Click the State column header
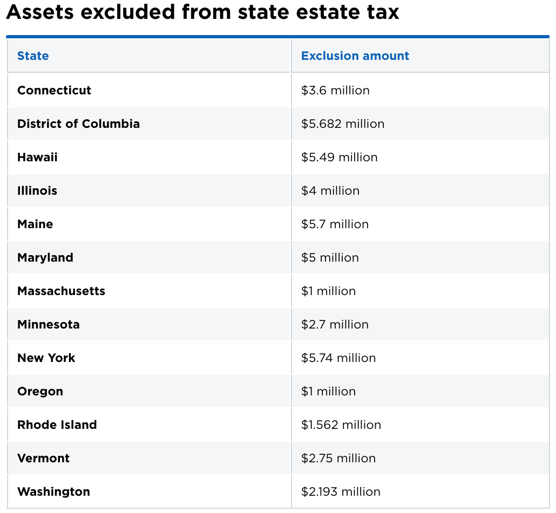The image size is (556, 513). click(x=33, y=56)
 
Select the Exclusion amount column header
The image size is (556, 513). click(x=355, y=56)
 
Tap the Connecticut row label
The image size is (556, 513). click(x=54, y=90)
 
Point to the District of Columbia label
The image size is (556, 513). click(x=78, y=124)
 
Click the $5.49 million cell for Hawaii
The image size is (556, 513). click(x=339, y=157)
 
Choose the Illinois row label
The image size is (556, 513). click(x=37, y=190)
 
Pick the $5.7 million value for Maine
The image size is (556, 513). click(x=335, y=224)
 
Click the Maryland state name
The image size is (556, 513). click(x=45, y=257)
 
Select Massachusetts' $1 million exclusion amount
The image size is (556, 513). click(x=328, y=291)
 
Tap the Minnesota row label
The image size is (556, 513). click(x=48, y=324)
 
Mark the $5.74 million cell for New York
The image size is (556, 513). click(x=338, y=358)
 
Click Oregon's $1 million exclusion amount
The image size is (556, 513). click(x=328, y=391)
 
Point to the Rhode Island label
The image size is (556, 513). click(x=57, y=425)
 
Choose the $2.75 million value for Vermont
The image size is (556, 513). click(x=338, y=458)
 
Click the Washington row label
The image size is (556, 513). click(x=53, y=491)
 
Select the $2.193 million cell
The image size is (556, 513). click(x=341, y=491)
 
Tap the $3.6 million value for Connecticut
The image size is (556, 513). click(x=335, y=90)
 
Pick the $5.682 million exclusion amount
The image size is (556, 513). click(x=343, y=124)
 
